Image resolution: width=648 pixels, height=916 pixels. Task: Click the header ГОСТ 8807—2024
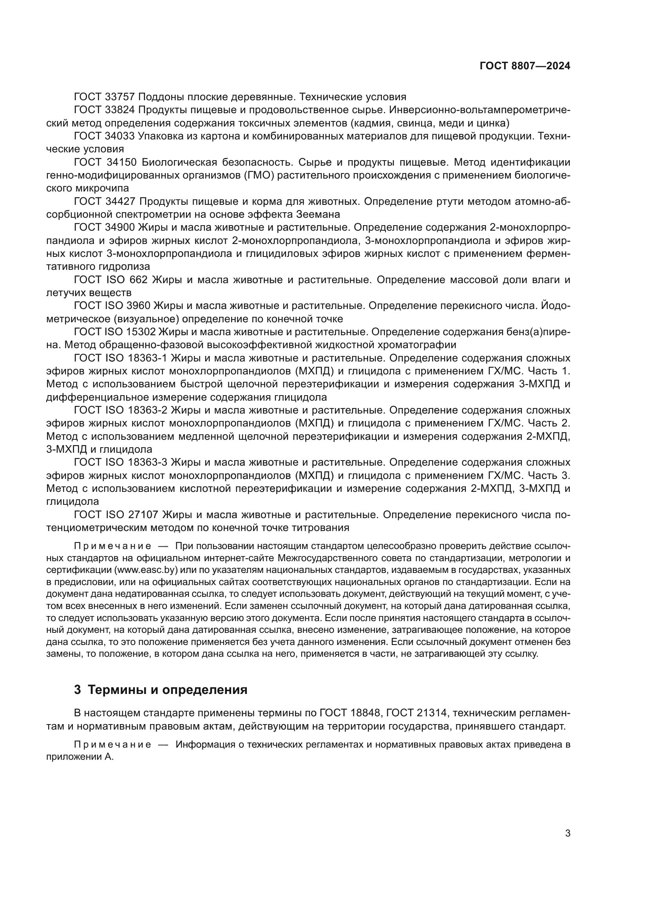tap(525, 66)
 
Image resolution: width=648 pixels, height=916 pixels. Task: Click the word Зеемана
tap(318, 214)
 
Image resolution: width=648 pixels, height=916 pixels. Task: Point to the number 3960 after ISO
tap(138, 305)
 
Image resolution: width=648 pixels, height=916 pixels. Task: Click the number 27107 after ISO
tap(143, 515)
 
